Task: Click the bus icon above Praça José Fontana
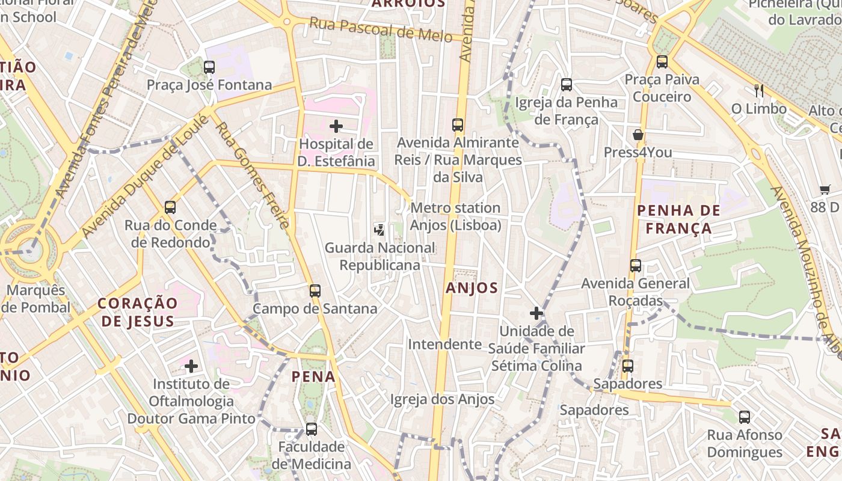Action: click(209, 67)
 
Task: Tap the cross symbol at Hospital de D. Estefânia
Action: click(336, 126)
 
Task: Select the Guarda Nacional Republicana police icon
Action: click(380, 229)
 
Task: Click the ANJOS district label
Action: click(472, 288)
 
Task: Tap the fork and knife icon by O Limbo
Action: click(759, 91)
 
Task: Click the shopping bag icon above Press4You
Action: click(638, 135)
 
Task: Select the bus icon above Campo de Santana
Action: click(315, 291)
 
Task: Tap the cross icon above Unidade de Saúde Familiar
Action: click(536, 313)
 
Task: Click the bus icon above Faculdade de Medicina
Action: click(311, 429)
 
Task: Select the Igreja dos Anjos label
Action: click(442, 399)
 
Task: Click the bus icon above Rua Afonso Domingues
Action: click(745, 417)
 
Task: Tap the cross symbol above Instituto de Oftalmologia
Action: click(191, 366)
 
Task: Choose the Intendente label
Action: click(445, 345)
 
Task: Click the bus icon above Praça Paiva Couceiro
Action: click(662, 61)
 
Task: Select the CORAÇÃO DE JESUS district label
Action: click(138, 312)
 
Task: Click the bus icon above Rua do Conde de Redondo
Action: click(170, 207)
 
